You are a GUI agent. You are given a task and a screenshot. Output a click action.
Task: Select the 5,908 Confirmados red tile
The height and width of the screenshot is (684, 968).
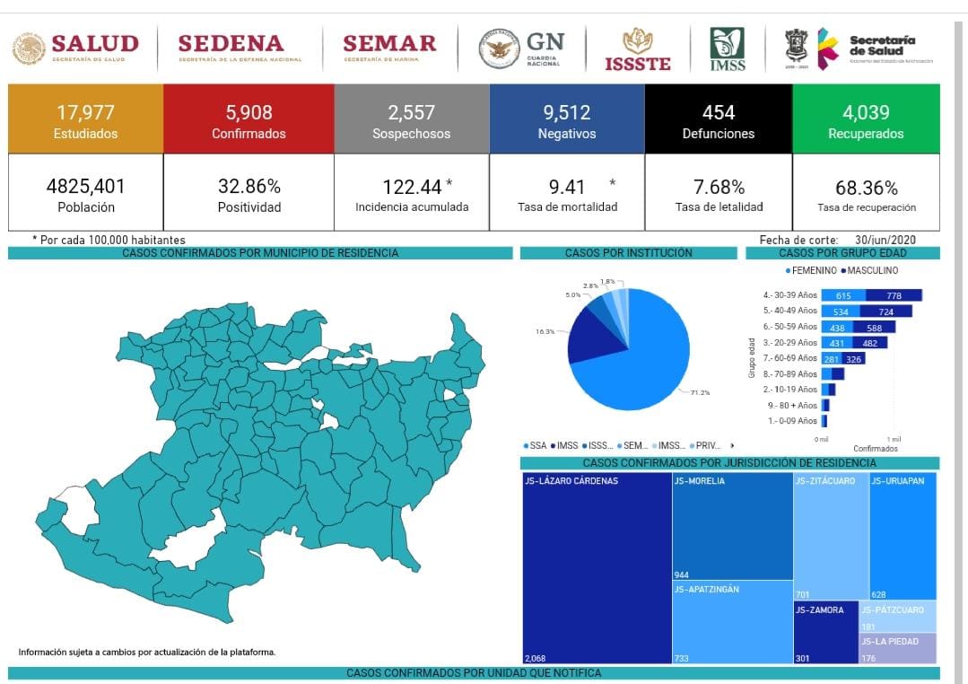tap(249, 118)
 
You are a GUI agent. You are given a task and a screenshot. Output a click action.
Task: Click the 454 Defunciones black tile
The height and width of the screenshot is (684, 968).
tap(718, 118)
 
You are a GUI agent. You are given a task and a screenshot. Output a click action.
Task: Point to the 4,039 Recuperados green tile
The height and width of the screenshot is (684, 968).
tap(866, 118)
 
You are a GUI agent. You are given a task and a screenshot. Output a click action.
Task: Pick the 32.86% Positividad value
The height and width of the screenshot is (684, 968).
tap(249, 187)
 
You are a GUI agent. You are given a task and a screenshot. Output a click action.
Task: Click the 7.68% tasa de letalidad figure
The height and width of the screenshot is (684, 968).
tap(719, 187)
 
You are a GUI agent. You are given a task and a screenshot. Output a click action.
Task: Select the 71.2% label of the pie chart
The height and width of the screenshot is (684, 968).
tap(700, 392)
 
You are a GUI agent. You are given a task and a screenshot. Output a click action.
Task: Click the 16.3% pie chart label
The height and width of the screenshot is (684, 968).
tap(545, 331)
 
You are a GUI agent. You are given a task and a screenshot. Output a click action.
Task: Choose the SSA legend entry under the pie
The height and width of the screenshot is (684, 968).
tap(535, 445)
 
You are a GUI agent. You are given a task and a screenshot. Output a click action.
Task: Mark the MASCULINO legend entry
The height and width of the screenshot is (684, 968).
tap(870, 270)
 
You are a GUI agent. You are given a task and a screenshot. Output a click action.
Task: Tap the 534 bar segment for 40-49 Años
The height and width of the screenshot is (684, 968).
tap(841, 311)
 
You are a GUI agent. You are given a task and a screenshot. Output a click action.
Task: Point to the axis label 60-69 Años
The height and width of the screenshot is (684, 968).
tap(790, 358)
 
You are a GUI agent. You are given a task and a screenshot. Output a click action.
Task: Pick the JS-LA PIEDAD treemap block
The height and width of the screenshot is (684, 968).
tap(897, 648)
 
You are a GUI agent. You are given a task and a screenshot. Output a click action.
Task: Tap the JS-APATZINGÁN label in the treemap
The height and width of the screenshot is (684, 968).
tap(707, 590)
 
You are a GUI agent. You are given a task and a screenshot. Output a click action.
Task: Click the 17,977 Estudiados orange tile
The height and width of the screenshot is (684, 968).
tap(86, 118)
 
